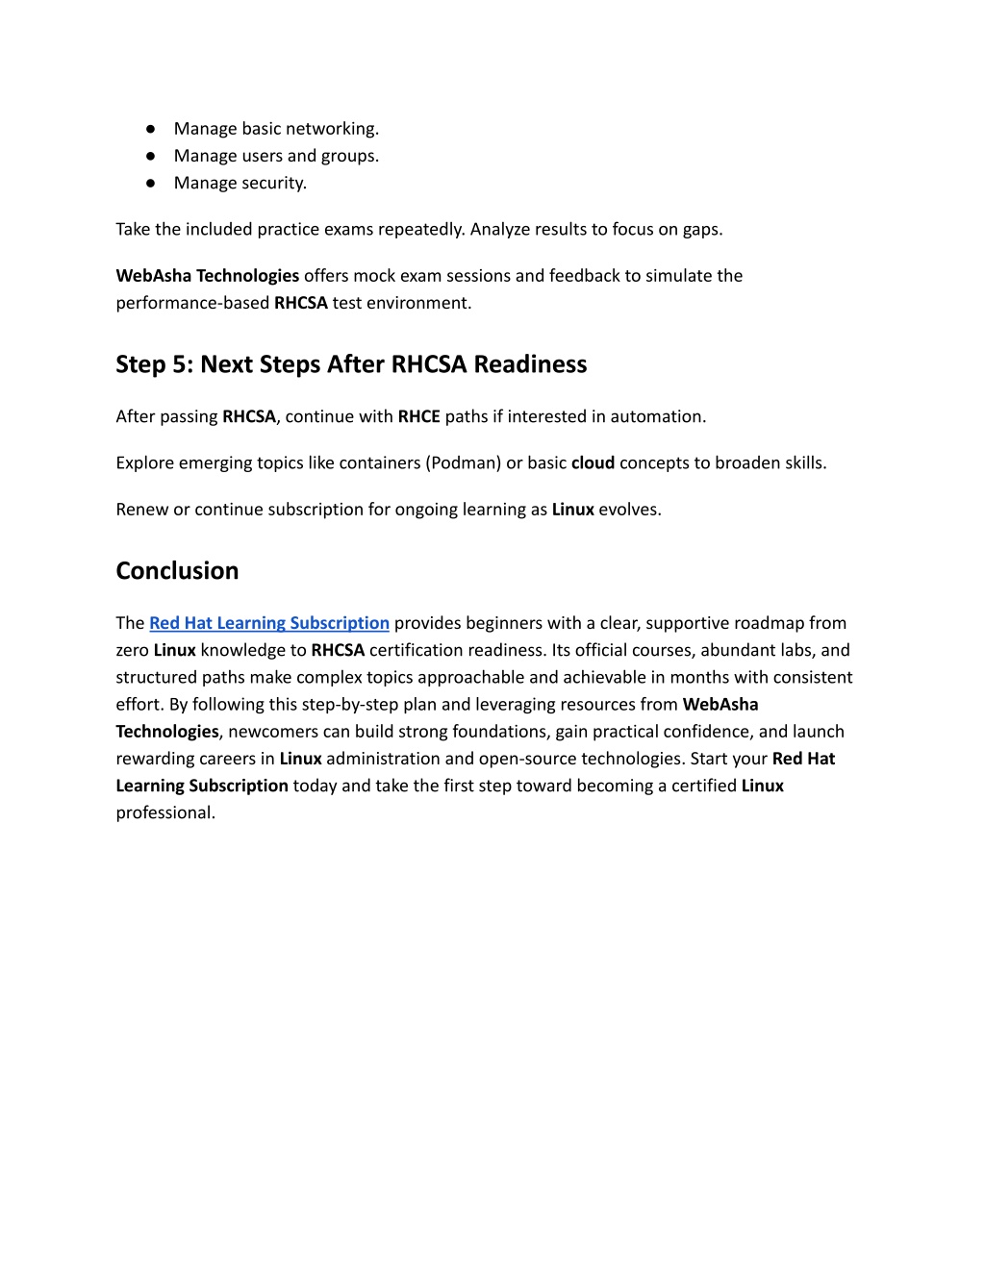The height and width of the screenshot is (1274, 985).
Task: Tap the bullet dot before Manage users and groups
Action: (151, 156)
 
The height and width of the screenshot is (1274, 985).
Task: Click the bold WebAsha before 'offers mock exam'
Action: (154, 276)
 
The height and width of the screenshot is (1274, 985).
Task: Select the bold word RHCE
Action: (418, 416)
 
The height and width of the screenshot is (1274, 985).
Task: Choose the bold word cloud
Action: (593, 462)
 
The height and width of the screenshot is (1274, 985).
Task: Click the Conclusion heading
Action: (177, 570)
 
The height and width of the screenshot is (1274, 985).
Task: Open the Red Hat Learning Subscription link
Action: (269, 623)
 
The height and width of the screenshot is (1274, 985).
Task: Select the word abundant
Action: (739, 650)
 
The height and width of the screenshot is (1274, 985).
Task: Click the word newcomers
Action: (273, 732)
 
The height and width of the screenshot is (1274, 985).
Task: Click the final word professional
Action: (164, 812)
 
